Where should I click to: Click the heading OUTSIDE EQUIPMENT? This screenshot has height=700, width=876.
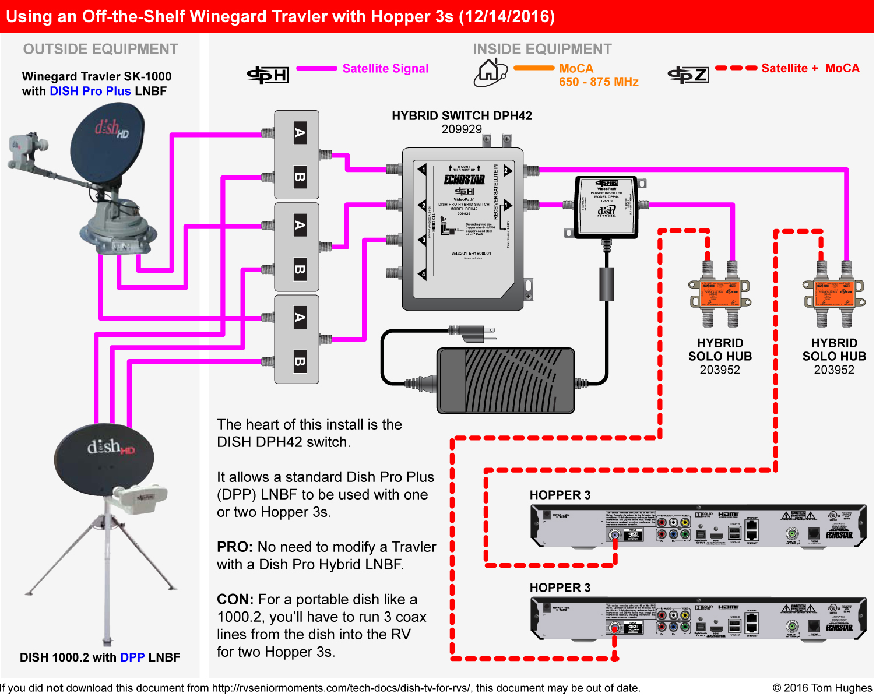click(100, 50)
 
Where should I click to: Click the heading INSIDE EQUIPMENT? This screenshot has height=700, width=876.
click(542, 50)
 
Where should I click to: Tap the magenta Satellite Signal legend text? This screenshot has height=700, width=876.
click(385, 69)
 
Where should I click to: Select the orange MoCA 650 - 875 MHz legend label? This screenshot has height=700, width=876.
click(598, 75)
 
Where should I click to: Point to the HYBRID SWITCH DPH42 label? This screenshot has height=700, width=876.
click(462, 116)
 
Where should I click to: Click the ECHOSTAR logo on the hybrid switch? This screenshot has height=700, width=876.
click(464, 180)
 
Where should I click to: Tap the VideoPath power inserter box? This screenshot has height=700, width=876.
click(607, 207)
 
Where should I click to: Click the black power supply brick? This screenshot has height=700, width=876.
click(505, 381)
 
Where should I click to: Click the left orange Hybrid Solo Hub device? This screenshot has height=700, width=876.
click(720, 293)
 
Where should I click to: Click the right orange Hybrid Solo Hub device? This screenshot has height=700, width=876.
click(834, 293)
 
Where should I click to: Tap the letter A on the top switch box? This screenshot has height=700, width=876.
click(300, 133)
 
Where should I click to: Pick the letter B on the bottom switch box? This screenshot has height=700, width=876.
click(300, 361)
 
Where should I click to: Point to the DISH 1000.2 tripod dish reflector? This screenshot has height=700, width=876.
click(103, 458)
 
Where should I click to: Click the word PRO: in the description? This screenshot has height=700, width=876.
click(234, 547)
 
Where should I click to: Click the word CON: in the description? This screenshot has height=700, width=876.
click(235, 600)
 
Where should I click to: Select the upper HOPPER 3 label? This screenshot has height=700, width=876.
click(560, 495)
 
